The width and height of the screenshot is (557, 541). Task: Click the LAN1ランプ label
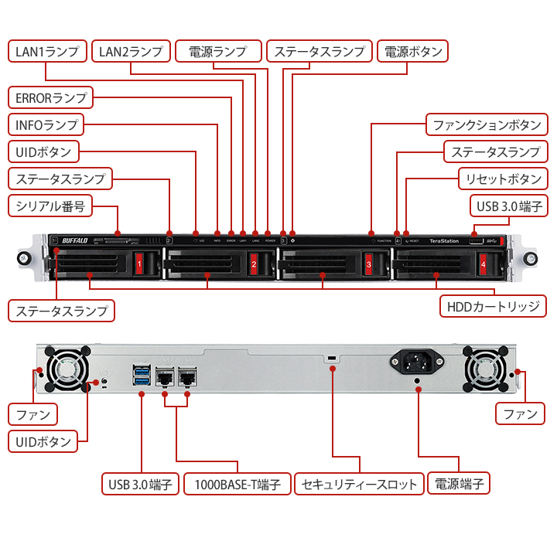47,52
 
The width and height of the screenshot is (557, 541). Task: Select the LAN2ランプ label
130,52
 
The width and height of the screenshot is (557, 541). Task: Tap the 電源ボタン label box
414,52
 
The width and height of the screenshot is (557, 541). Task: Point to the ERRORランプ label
50,97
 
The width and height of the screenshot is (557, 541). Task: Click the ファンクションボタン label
487,124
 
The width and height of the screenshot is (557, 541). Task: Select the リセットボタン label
504,179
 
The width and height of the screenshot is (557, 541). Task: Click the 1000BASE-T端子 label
237,485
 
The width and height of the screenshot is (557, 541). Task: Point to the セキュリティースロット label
361,485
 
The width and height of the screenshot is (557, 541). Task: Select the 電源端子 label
460,485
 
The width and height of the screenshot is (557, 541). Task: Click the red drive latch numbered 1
139,264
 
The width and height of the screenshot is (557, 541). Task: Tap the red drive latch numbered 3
368,264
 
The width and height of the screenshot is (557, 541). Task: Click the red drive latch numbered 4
483,264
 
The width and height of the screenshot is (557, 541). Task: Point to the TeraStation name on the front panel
444,240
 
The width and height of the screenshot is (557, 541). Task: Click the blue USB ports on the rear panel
142,374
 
